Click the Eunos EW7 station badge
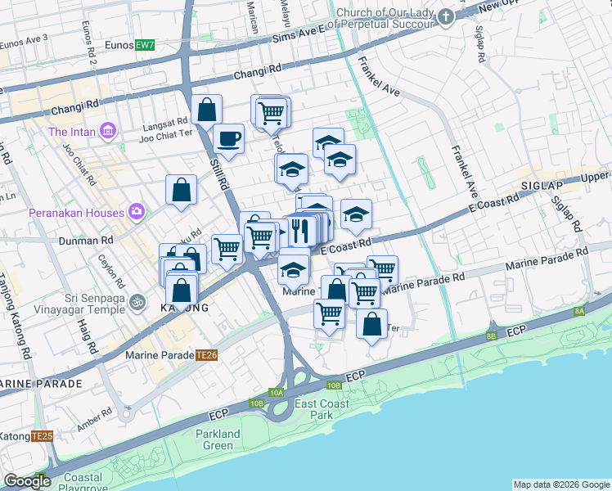pyautogui.click(x=145, y=44)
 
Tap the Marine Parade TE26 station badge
pyautogui.click(x=206, y=355)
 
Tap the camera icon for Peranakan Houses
pyautogui.click(x=136, y=213)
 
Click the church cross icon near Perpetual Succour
pyautogui.click(x=445, y=17)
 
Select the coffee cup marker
pyautogui.click(x=228, y=137)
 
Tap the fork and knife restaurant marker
pyautogui.click(x=299, y=230)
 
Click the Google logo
pyautogui.click(x=27, y=481)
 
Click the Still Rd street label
pyautogui.click(x=218, y=176)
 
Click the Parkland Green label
pyautogui.click(x=218, y=439)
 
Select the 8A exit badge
pyautogui.click(x=579, y=311)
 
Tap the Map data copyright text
pyautogui.click(x=560, y=484)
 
